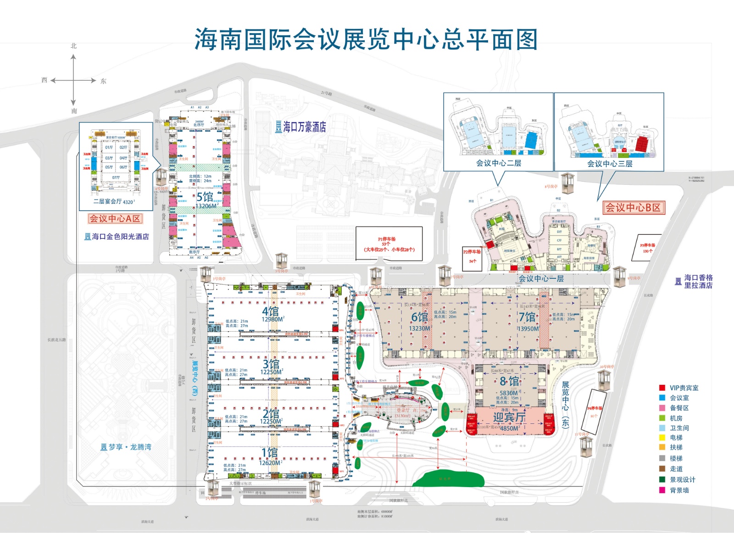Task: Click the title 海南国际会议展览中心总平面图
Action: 366,39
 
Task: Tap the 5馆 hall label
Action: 205,197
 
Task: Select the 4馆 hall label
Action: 271,311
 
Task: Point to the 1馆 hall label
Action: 270,453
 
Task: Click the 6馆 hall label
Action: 419,317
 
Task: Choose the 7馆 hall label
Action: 527,317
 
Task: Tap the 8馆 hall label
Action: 509,381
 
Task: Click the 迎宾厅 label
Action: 509,417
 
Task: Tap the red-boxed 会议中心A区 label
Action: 115,219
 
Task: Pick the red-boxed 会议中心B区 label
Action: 633,207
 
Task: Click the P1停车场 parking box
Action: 389,244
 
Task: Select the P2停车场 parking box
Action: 472,256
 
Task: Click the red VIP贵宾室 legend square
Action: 662,388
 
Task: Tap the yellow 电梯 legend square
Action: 662,438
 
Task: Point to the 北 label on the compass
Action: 73,46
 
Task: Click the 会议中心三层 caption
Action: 610,164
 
